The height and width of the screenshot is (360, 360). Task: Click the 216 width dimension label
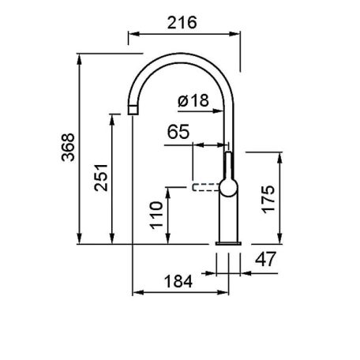point(182,23)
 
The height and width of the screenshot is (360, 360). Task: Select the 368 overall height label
point(68,147)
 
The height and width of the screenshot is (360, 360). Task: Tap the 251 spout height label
point(101,178)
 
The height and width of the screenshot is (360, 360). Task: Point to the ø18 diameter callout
point(193,100)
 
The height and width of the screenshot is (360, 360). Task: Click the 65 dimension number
point(178,132)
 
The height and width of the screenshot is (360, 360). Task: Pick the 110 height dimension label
point(156,216)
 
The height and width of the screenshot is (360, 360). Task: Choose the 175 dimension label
point(268,199)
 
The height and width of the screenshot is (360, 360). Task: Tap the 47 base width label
point(265,259)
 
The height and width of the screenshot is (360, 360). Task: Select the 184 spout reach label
point(178,281)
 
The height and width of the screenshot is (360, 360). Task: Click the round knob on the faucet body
point(228,188)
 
